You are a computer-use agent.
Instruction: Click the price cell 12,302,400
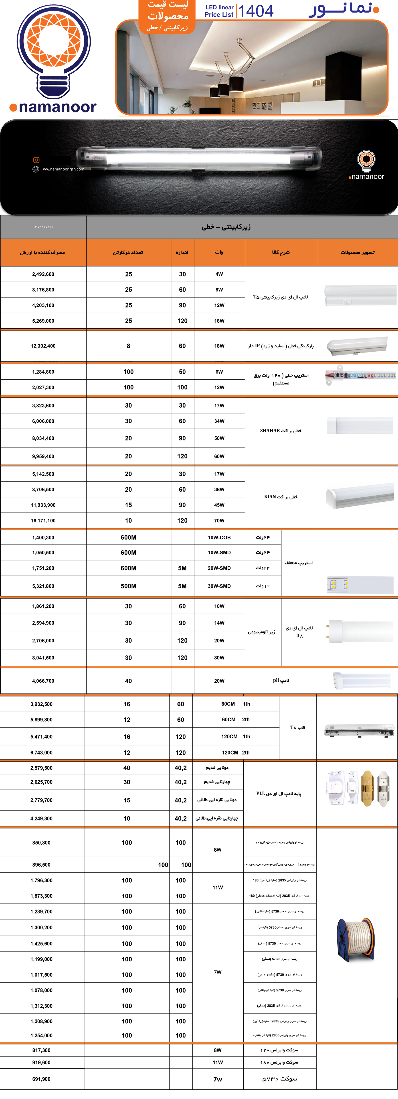[43, 346]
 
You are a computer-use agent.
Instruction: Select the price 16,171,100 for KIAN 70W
[43, 521]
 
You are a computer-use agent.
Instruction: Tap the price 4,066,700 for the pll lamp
[43, 681]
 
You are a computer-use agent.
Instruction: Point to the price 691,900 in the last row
[41, 1079]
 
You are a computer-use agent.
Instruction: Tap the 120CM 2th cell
[236, 753]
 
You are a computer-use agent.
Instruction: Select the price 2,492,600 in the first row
[43, 274]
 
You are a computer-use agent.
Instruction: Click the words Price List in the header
[219, 14]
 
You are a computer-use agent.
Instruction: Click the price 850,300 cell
[41, 843]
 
